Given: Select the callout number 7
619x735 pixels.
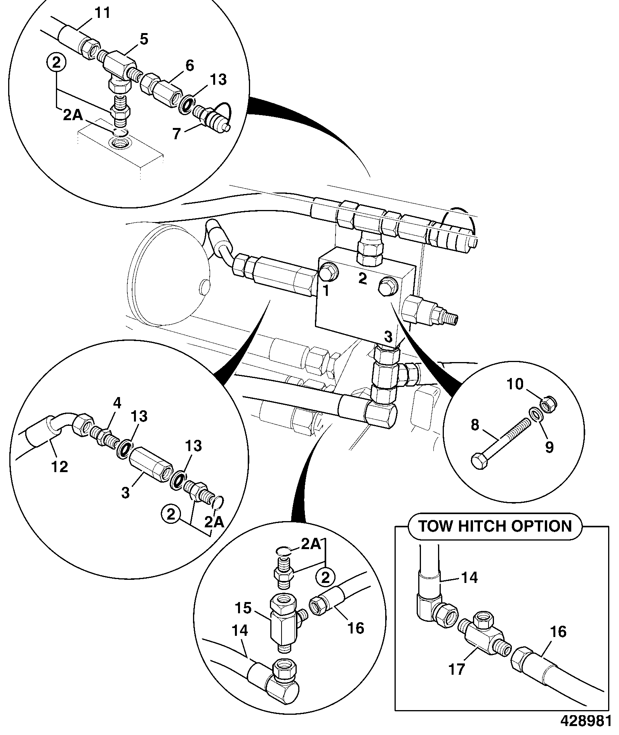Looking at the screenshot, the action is click(x=176, y=134).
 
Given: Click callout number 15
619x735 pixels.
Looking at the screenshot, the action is click(x=244, y=608).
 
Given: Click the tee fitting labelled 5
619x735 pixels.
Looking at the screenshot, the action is click(x=119, y=68).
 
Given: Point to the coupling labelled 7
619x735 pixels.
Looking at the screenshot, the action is click(x=212, y=117).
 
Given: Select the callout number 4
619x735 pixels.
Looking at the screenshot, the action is click(x=117, y=403).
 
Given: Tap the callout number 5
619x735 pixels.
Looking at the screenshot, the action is click(x=144, y=39).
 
